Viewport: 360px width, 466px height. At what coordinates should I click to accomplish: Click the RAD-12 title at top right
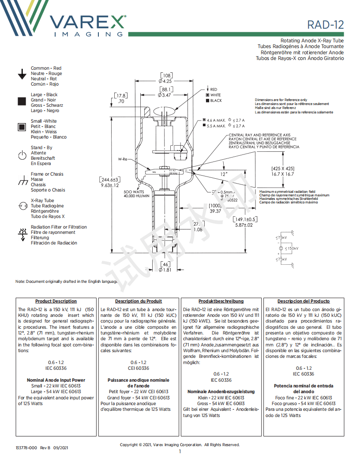[326, 24]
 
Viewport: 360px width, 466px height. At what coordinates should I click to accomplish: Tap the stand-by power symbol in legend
[22, 155]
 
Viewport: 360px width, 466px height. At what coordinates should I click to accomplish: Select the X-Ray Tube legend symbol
[22, 206]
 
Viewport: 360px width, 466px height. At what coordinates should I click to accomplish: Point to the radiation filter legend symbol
[22, 234]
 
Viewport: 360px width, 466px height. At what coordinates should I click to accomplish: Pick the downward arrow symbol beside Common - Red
[22, 74]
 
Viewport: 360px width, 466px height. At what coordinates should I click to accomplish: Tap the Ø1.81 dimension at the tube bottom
[165, 270]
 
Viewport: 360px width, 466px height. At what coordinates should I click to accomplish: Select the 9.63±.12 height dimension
[110, 185]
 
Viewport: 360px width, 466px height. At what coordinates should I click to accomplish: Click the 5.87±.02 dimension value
[244, 225]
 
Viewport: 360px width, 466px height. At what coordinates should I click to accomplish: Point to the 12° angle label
[224, 174]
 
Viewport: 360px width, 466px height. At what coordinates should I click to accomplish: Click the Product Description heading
[56, 301]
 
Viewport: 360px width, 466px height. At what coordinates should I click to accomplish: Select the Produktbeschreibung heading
[221, 301]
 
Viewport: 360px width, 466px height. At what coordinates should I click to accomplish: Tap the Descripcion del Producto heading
[304, 301]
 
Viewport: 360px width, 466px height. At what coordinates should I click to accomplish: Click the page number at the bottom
[180, 451]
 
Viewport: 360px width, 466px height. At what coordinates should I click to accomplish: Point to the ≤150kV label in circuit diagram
[292, 249]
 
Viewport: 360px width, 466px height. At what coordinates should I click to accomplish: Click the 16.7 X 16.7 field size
[283, 174]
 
